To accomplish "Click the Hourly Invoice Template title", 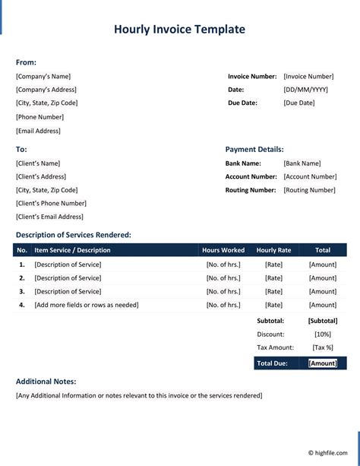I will click(x=179, y=30).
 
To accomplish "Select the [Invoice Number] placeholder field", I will click(x=308, y=76).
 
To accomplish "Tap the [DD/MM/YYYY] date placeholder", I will click(x=305, y=90).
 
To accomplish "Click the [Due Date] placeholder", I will click(x=298, y=103).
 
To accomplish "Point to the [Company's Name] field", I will click(x=43, y=76).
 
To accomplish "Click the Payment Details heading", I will click(x=254, y=150).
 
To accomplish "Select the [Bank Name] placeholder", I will click(x=302, y=163).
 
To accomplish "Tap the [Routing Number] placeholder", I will click(x=309, y=190).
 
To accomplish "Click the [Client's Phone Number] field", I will click(x=51, y=203).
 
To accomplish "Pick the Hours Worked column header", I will click(x=223, y=250).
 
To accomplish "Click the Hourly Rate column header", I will click(x=273, y=250).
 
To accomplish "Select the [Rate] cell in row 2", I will click(x=273, y=278).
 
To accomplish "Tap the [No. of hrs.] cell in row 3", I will click(x=223, y=291).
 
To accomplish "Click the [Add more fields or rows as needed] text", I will click(x=87, y=305).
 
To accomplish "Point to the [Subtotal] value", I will click(x=323, y=321).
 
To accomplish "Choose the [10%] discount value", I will click(x=323, y=334).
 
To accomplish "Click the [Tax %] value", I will click(x=323, y=347).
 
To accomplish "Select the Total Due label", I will click(x=272, y=363).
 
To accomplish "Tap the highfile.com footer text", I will click(x=328, y=452).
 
